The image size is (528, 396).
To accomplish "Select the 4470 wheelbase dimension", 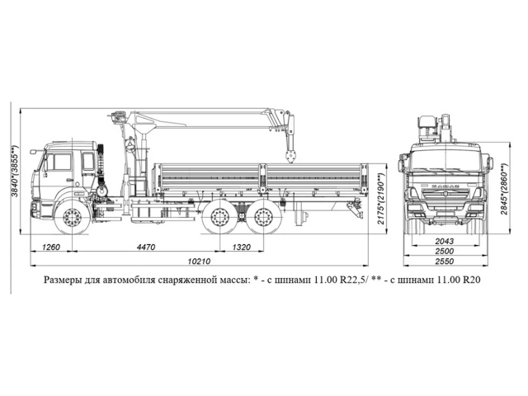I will (x=145, y=247).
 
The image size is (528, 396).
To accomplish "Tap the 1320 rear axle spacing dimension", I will (x=242, y=247).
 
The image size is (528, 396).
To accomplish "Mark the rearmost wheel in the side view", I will (x=262, y=219).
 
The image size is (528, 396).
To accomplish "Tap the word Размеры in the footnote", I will (x=64, y=280).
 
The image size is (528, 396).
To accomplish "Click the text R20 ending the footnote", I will (x=471, y=280).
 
